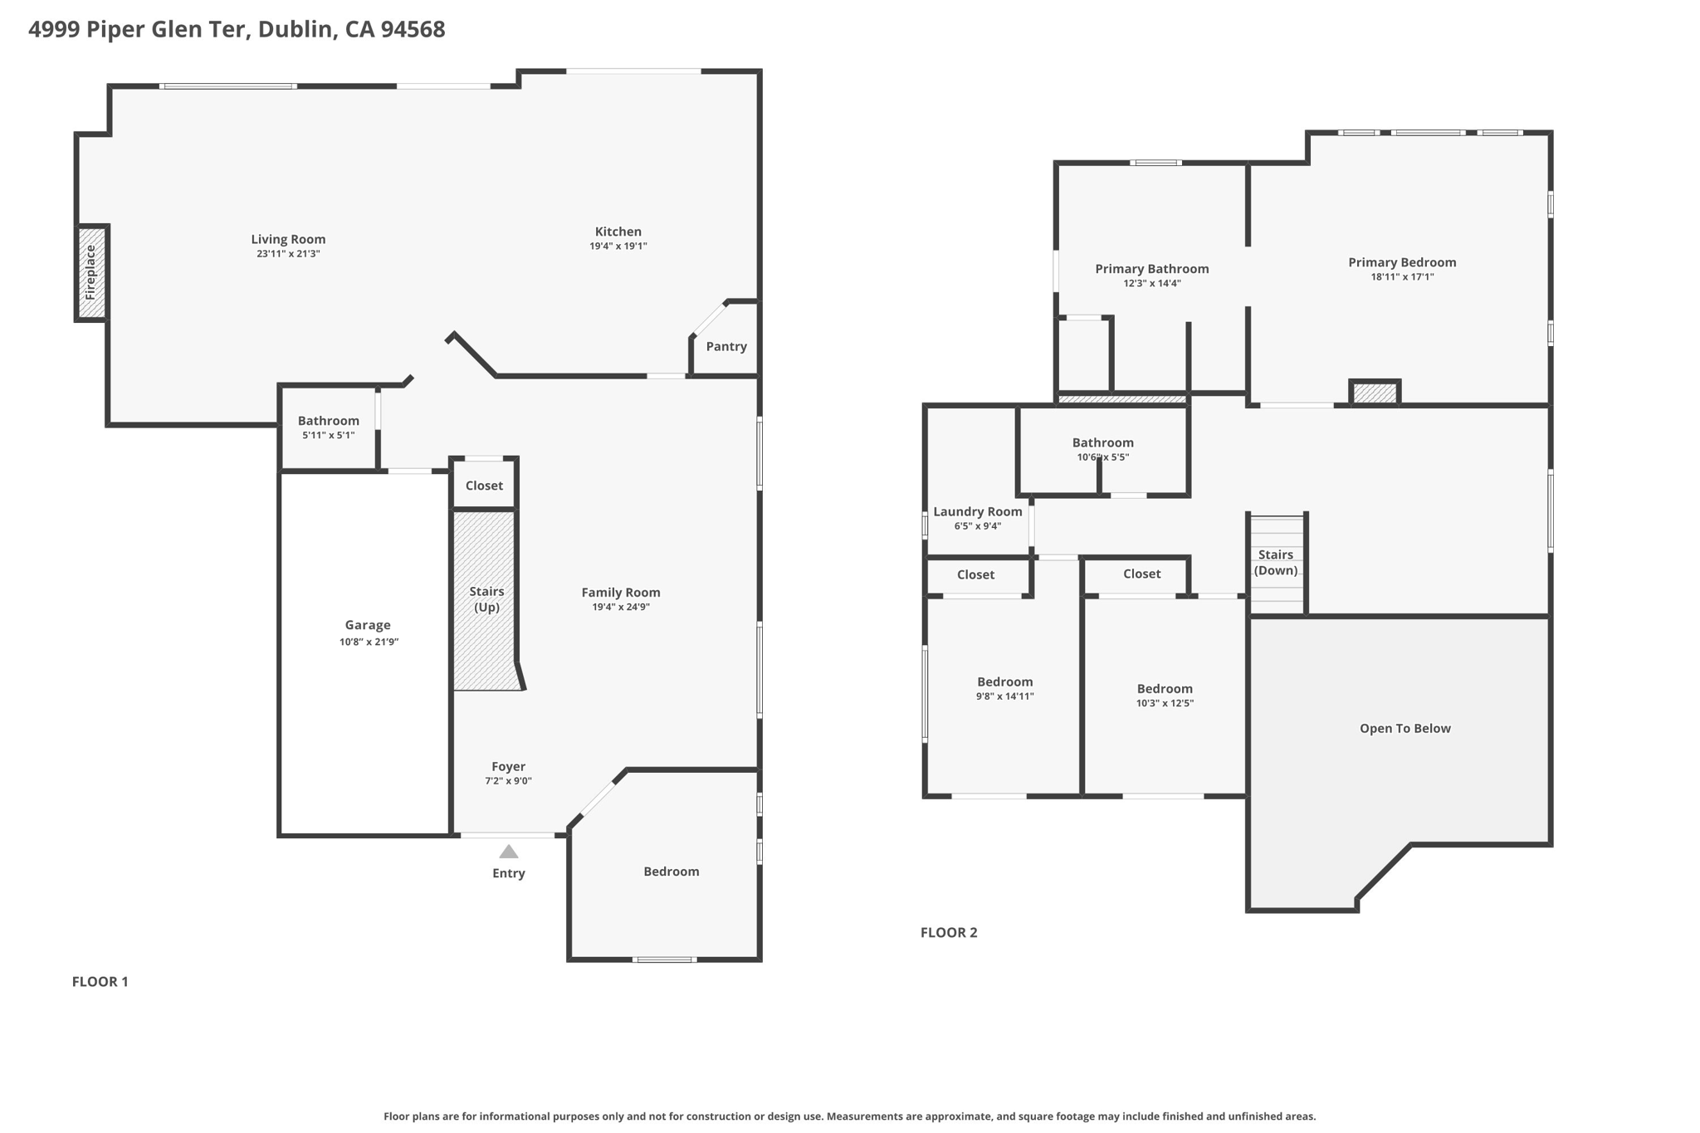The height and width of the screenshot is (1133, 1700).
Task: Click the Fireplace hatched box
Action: coord(92,272)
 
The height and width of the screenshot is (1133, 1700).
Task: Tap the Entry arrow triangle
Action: coord(509,852)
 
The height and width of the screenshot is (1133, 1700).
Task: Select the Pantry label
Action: coord(726,347)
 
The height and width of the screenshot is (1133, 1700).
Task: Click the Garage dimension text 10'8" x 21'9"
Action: coord(369,642)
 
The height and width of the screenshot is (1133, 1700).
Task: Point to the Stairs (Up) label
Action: coord(486,598)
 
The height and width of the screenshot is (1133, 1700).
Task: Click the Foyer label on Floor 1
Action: coord(508,767)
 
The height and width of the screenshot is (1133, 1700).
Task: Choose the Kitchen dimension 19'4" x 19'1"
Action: coord(618,246)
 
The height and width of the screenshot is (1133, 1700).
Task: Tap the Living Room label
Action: coord(288,239)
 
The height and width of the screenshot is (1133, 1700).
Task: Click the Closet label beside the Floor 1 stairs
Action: coord(484,486)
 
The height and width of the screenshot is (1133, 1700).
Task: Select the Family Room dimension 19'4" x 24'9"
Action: coord(620,607)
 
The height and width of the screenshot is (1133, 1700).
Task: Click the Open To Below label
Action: coord(1404,729)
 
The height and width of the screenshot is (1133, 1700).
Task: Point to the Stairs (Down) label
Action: coord(1275,562)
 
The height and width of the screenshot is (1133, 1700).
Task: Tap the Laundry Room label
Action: coord(977,511)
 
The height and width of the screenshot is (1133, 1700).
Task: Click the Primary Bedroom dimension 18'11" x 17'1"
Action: coord(1402,277)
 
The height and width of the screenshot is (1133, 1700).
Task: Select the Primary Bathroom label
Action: coord(1151,269)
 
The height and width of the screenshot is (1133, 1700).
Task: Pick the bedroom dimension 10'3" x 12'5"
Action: coord(1165,703)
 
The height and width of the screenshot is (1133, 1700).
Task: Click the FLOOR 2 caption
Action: coord(949,932)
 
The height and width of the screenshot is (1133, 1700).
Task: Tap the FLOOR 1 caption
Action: coord(100,982)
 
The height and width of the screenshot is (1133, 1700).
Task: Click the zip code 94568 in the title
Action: coord(413,30)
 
